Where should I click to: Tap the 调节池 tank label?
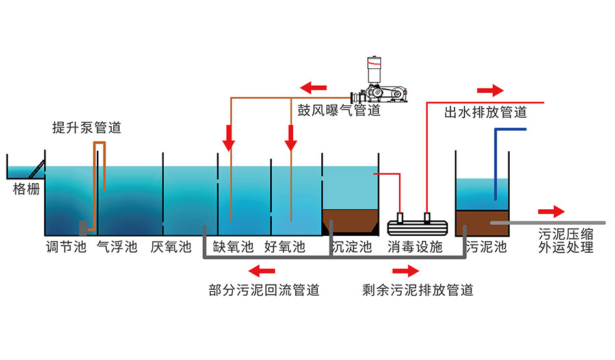coord(66,247)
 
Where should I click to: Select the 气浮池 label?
coord(117,247)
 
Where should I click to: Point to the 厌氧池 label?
coord(171,247)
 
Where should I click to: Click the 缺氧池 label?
coord(233,247)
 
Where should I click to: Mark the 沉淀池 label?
coord(351,247)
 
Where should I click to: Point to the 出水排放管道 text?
coord(486,112)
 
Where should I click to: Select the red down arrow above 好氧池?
coord(291,136)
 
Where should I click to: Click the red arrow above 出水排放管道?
coord(490,90)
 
